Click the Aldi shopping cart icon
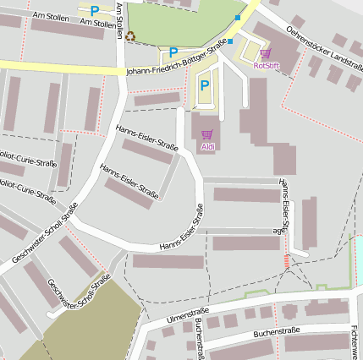[207, 134]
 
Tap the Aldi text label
[207, 147]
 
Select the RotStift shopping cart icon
[265, 53]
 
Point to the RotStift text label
[266, 64]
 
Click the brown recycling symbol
[130, 35]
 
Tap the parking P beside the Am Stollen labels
[95, 11]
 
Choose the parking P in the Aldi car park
[204, 85]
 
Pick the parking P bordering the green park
[173, 52]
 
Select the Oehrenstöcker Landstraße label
[319, 46]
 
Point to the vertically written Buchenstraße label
[200, 339]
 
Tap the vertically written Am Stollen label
[119, 20]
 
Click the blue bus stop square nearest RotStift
[238, 17]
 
